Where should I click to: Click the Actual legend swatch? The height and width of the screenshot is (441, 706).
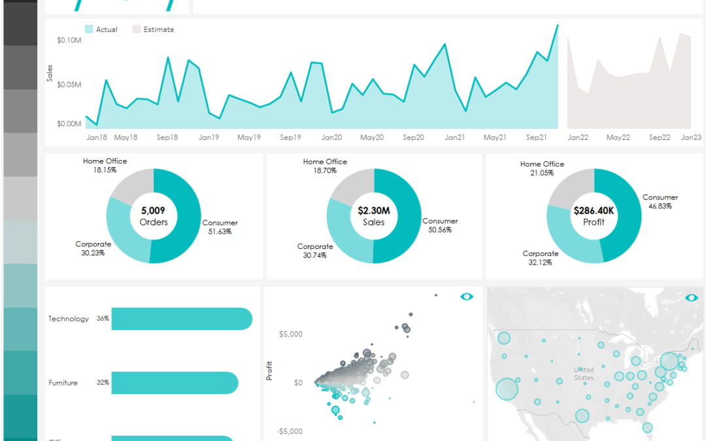[89, 29]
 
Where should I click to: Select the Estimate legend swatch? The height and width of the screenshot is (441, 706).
[137, 29]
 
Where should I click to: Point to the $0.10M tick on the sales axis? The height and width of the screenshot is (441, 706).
[69, 40]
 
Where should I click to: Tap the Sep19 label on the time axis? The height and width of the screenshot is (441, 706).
[290, 137]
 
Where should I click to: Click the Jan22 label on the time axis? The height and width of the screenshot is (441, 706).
[578, 137]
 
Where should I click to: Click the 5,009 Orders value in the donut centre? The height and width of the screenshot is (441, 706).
[154, 216]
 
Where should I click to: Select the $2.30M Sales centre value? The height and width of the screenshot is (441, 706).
[374, 216]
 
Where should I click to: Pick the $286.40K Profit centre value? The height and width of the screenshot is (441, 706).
[594, 216]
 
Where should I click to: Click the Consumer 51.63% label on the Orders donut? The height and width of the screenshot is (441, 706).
[220, 227]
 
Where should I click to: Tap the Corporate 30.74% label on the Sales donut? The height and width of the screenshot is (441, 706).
[314, 251]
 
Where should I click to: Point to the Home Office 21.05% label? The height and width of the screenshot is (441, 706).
[542, 169]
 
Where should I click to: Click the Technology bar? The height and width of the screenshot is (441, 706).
[182, 319]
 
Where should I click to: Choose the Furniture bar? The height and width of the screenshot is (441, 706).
[175, 383]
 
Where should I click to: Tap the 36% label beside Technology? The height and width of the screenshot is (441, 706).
[103, 319]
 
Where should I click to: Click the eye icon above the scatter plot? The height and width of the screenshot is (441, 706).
[467, 297]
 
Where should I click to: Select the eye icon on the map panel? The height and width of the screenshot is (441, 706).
[692, 298]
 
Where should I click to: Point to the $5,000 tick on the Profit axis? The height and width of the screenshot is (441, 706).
[291, 335]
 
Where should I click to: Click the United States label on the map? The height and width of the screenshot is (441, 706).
[584, 374]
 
